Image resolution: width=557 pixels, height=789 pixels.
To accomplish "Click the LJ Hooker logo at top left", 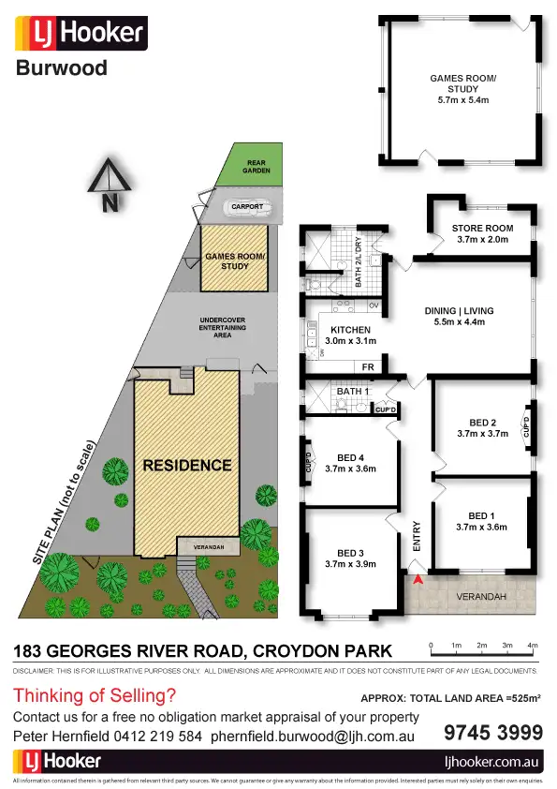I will pos(81,36).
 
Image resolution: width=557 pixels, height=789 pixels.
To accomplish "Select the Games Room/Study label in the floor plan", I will pos(462,90).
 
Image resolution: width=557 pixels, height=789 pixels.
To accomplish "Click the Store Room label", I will pos(482,233).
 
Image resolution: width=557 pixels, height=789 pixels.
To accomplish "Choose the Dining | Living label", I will pos(457,317).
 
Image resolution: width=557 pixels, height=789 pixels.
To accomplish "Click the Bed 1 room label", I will pos(481,521).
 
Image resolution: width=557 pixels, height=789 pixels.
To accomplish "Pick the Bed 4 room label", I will pos(349,464).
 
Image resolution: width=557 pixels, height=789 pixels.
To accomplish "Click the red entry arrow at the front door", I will pos(418,582).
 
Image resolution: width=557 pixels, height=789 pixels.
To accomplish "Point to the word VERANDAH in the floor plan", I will pos(481,596).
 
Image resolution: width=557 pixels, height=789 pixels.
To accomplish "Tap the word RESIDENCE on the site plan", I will pos(186,465).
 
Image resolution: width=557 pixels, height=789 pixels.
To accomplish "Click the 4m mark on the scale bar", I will pos(532,647).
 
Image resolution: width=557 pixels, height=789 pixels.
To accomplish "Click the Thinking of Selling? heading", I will pos(95,695).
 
